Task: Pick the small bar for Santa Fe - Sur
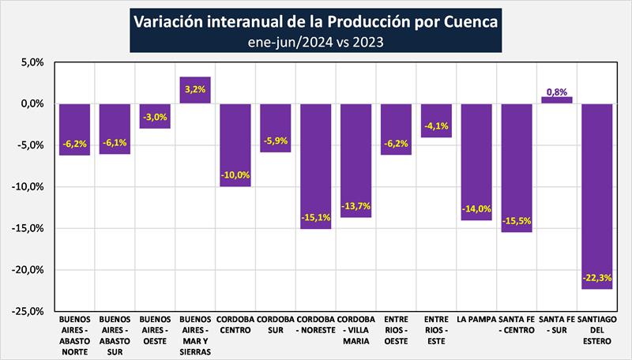coord(556,99)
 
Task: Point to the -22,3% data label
coord(596,278)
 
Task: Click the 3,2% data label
coord(195,89)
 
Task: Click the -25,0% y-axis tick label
coord(29,311)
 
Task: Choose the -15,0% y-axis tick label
coord(29,228)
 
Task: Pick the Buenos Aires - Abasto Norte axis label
coord(75,336)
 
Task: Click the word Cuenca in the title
coord(469,21)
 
